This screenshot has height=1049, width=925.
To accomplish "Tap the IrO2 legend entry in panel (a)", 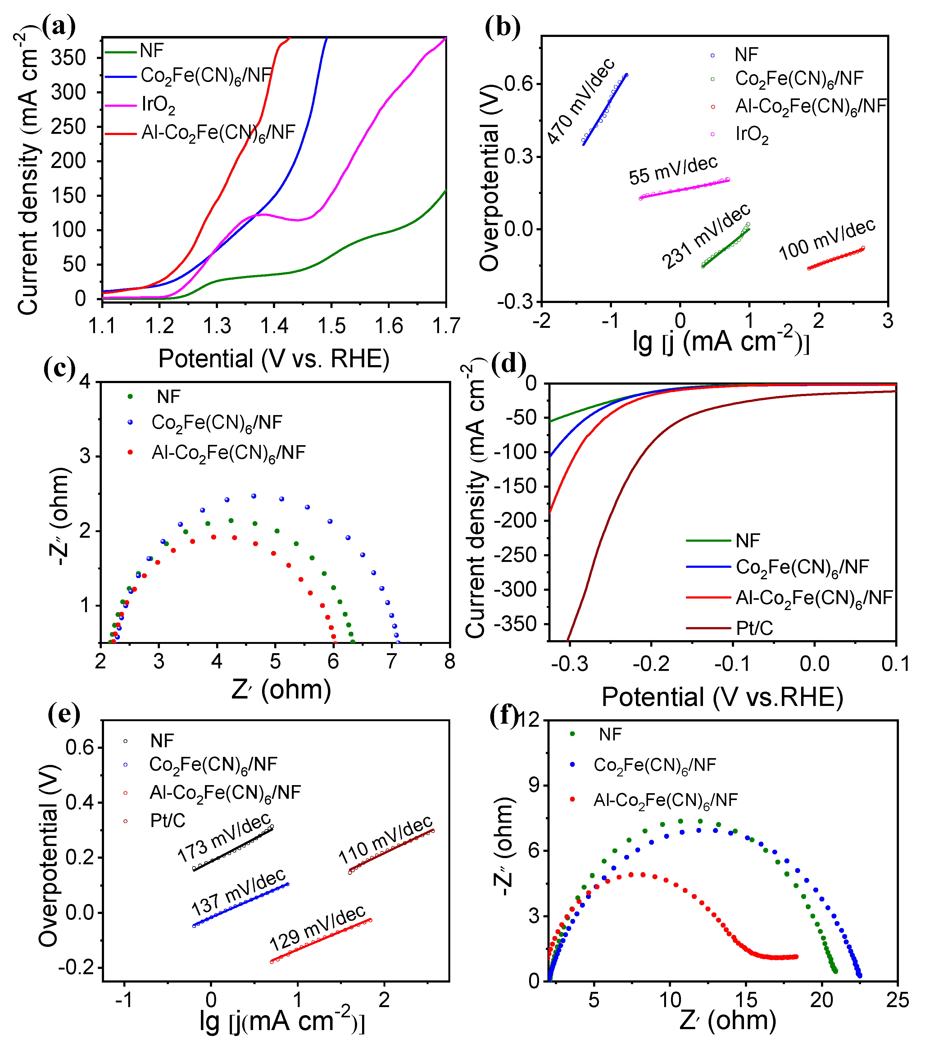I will tap(158, 105).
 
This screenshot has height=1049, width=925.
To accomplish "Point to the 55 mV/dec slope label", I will tap(673, 170).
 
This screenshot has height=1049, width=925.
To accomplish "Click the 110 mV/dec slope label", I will tap(386, 840).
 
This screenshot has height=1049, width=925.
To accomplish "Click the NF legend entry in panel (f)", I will tap(610, 735).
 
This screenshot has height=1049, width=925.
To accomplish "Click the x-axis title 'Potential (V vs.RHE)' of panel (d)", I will tap(722, 698).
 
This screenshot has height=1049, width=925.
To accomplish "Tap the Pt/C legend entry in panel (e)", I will tap(167, 821).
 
